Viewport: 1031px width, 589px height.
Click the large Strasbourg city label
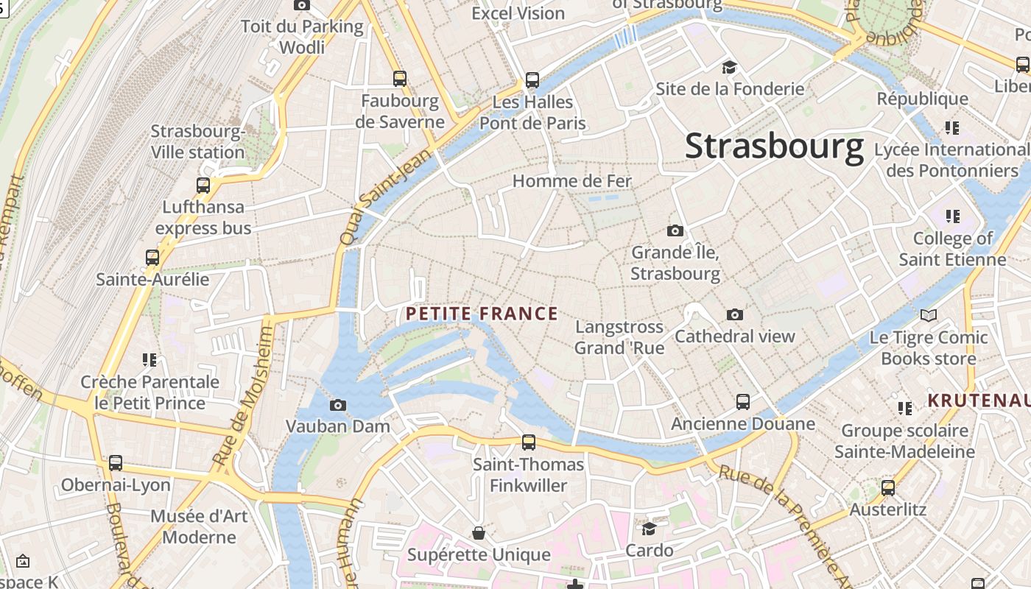(774, 146)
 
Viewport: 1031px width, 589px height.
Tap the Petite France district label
(482, 314)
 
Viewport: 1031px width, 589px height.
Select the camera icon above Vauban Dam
(338, 405)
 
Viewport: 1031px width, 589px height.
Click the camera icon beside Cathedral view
(734, 315)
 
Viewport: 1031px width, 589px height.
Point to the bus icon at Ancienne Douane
(743, 402)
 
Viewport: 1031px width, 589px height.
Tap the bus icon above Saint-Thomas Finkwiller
(529, 442)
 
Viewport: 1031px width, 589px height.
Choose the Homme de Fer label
(571, 180)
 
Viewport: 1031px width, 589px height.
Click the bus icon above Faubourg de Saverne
(400, 78)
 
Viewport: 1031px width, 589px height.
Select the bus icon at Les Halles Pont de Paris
(532, 80)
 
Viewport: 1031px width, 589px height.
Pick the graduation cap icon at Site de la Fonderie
(729, 68)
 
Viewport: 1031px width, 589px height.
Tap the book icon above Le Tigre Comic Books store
(929, 316)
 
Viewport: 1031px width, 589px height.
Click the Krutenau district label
(978, 401)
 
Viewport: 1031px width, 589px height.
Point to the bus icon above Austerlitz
(888, 487)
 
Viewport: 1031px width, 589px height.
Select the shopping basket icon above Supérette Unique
(479, 532)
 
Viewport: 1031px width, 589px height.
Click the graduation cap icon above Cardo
(649, 529)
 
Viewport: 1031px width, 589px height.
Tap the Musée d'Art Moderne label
(199, 526)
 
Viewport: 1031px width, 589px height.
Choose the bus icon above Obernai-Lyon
(116, 463)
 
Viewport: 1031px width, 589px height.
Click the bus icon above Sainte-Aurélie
(152, 258)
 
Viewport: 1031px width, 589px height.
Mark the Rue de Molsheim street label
(243, 396)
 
